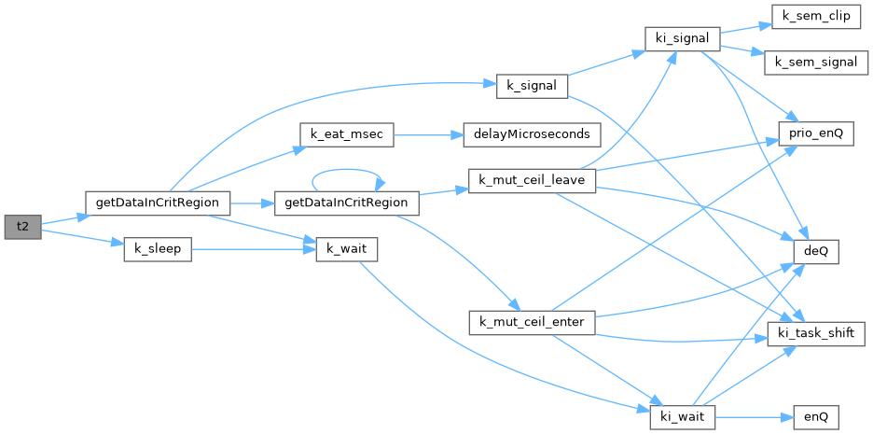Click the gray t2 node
[22, 227]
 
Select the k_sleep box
[158, 249]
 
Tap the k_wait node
[347, 249]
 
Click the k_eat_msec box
[347, 134]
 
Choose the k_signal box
[532, 87]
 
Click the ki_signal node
[683, 38]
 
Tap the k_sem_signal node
[816, 63]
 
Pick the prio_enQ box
[816, 134]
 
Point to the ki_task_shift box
[816, 334]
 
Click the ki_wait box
[683, 416]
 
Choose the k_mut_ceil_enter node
[533, 323]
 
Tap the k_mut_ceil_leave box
[533, 181]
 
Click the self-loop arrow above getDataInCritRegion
[346, 169]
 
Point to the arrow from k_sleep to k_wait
[254, 249]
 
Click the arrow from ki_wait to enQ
[755, 416]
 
